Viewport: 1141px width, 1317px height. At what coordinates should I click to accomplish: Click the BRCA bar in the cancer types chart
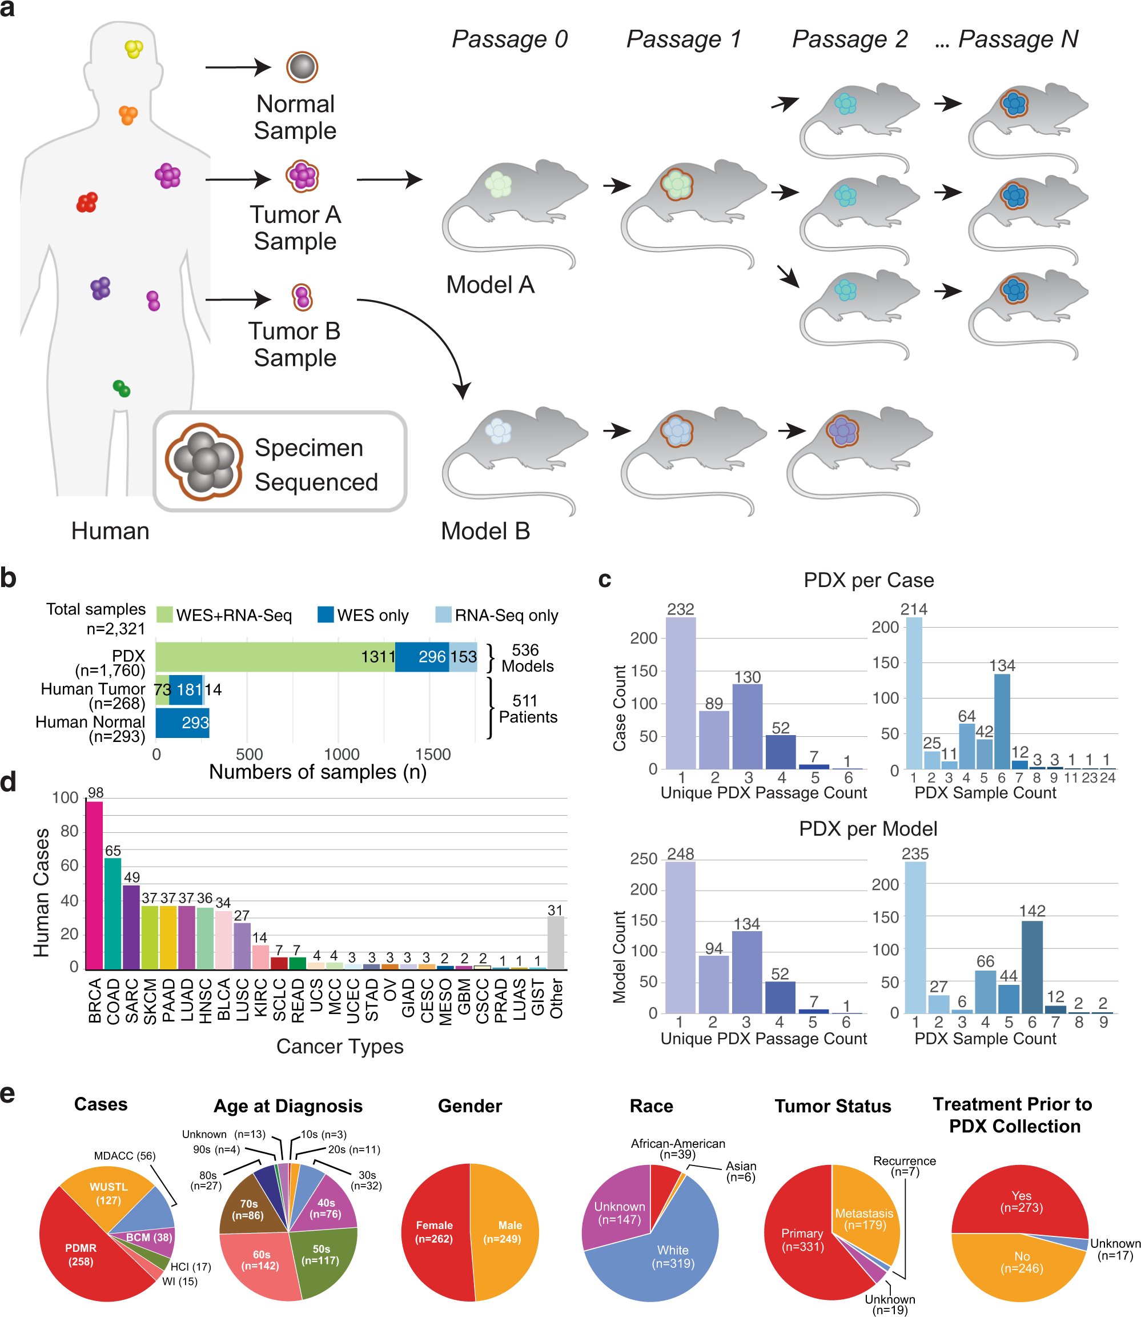[94, 885]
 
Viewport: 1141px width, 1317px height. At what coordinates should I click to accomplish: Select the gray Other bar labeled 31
[555, 943]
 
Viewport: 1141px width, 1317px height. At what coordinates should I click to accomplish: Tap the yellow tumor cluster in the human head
[134, 49]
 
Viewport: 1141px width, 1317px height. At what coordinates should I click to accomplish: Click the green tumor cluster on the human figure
[121, 388]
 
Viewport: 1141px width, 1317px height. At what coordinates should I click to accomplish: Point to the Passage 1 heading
[683, 39]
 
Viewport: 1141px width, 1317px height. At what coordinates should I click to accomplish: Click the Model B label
[485, 531]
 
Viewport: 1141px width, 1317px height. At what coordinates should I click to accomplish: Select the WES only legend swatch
[326, 614]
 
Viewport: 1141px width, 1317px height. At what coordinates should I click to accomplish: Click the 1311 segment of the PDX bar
[274, 657]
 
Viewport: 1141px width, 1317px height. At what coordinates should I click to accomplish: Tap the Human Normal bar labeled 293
[182, 723]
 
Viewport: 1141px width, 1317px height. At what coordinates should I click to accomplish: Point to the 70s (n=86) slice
[250, 1209]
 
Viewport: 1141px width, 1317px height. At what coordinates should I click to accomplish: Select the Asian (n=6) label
[741, 1171]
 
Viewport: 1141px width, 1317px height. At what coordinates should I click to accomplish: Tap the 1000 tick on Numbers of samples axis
[342, 755]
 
